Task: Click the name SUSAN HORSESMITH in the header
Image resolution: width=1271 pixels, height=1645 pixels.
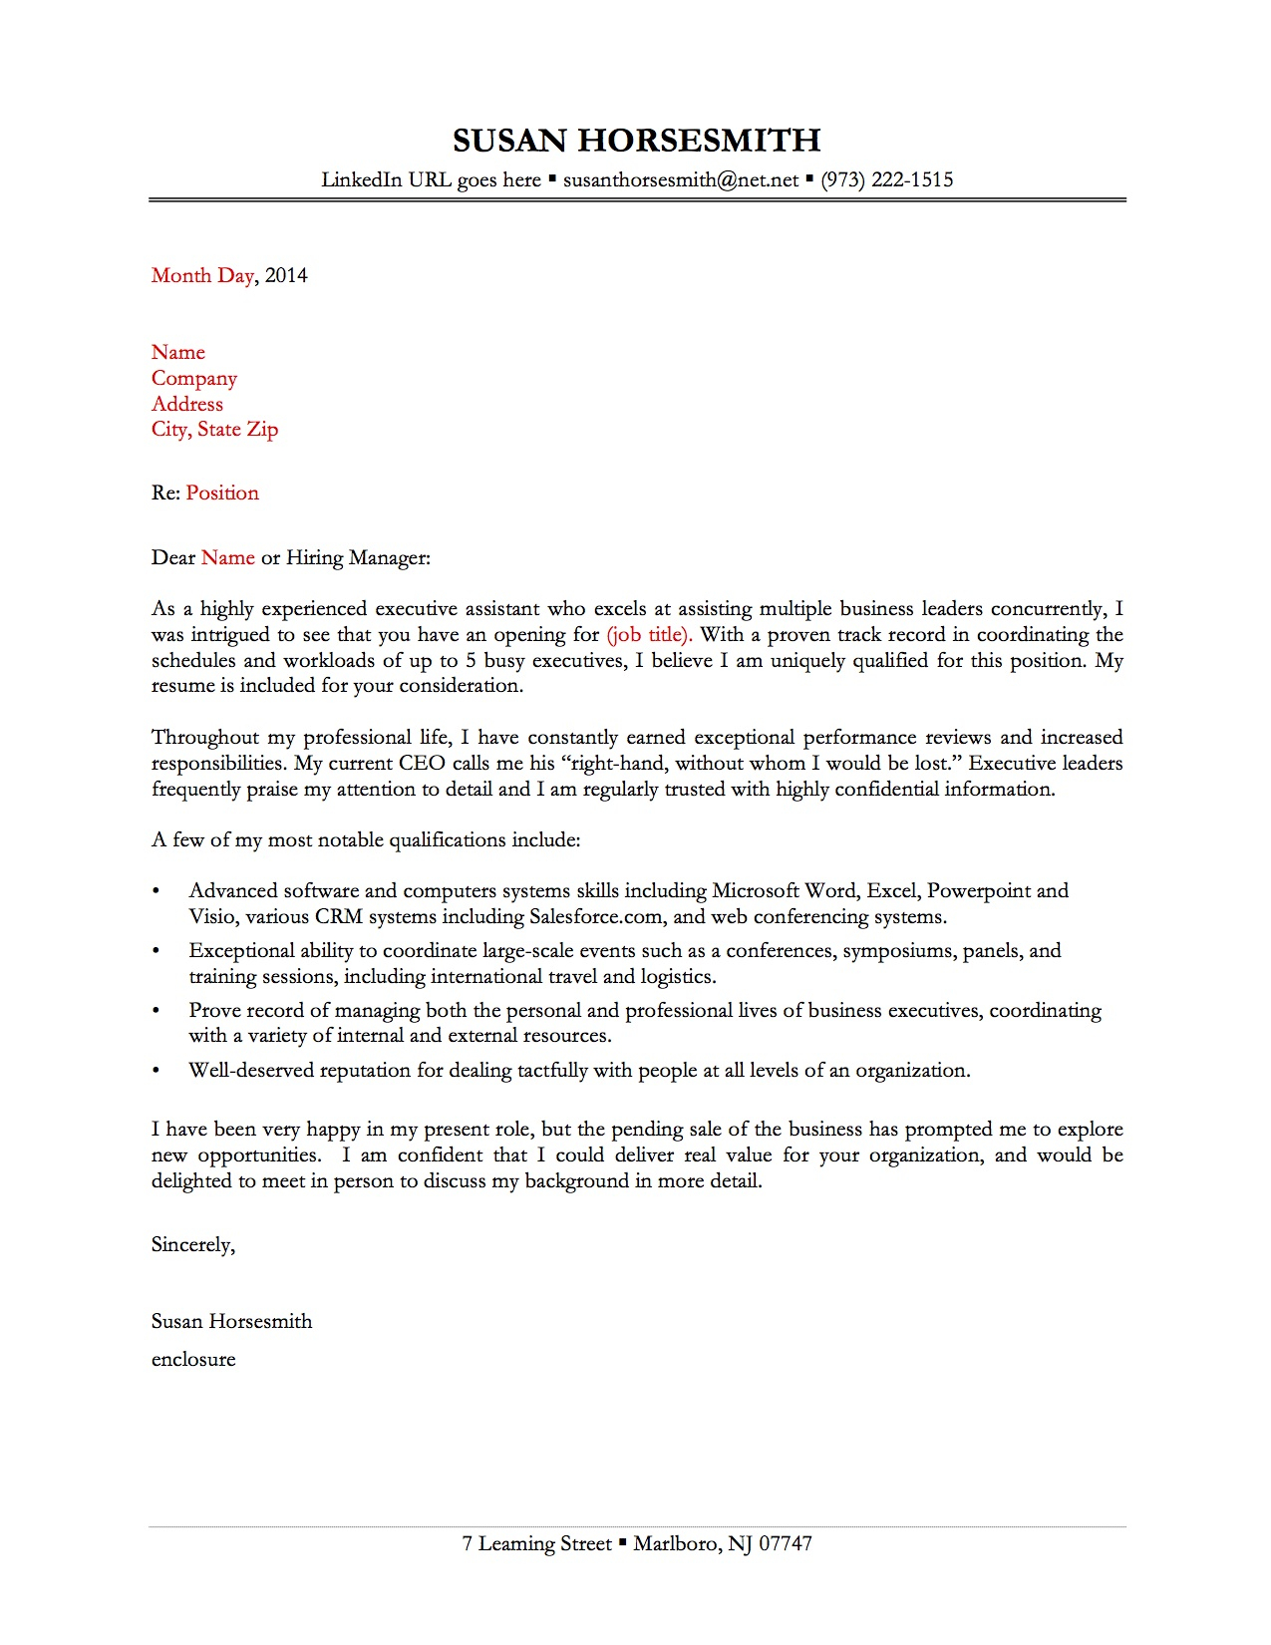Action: coord(636,141)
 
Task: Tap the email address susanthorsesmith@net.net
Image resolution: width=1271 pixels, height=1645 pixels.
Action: coord(681,180)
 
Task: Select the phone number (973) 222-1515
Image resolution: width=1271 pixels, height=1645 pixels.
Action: coord(886,180)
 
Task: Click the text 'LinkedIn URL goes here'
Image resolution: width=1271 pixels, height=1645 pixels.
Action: coord(431,180)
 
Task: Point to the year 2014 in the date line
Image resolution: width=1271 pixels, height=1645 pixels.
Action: coord(286,276)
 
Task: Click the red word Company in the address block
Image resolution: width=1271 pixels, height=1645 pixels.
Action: coord(194,379)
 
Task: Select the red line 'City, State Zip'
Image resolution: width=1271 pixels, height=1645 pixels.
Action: coord(214,430)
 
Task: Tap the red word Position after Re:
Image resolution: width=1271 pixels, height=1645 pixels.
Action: coord(222,493)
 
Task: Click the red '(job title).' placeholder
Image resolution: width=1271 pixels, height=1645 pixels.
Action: coord(649,635)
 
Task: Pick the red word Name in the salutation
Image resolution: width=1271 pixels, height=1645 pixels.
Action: coord(228,558)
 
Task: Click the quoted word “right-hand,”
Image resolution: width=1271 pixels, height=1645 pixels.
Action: coord(611,764)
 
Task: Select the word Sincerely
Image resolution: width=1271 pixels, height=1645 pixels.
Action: coord(192,1245)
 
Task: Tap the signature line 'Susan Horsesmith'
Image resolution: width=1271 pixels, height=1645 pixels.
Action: coord(231,1322)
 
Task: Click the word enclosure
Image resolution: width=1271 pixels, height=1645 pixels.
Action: coord(193,1360)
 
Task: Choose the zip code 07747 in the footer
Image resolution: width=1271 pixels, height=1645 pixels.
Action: coord(786,1544)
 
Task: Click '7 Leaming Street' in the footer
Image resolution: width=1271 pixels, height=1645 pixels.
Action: coord(536,1544)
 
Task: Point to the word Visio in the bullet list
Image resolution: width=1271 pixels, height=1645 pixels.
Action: coord(212,917)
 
